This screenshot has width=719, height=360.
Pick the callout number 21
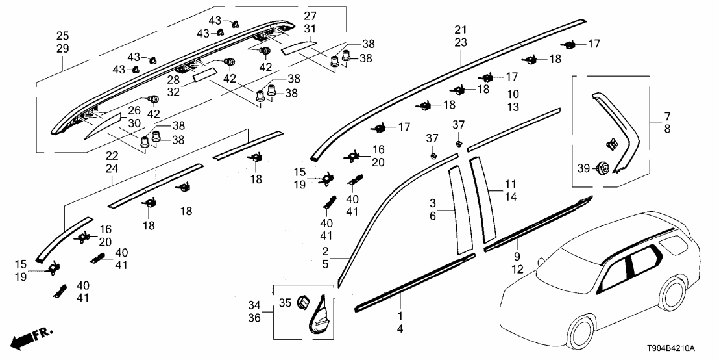(461, 31)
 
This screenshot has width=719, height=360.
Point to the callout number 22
(112, 156)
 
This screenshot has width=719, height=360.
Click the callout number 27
(311, 15)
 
